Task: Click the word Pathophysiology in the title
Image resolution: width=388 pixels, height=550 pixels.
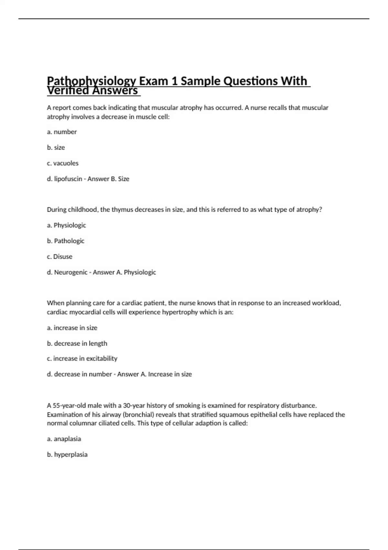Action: coord(91,81)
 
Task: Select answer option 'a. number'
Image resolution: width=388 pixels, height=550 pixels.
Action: coord(62,132)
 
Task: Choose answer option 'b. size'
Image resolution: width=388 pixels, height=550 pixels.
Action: coord(56,148)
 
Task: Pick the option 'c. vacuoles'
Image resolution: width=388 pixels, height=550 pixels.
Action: coord(63,163)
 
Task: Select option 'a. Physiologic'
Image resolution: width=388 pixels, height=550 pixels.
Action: coord(67,225)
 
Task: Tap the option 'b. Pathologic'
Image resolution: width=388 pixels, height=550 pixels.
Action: coord(66,241)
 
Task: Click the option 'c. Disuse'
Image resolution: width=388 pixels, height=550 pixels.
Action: coord(60,257)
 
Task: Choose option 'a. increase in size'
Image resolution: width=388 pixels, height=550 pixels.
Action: coord(72,328)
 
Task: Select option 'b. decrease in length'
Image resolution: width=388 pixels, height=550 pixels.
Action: coord(77,343)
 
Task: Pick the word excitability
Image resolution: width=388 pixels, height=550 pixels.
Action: coord(102,358)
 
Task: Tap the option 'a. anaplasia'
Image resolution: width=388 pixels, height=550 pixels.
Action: coord(64,439)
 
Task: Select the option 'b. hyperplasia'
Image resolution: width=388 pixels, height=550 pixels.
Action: coord(67,455)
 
